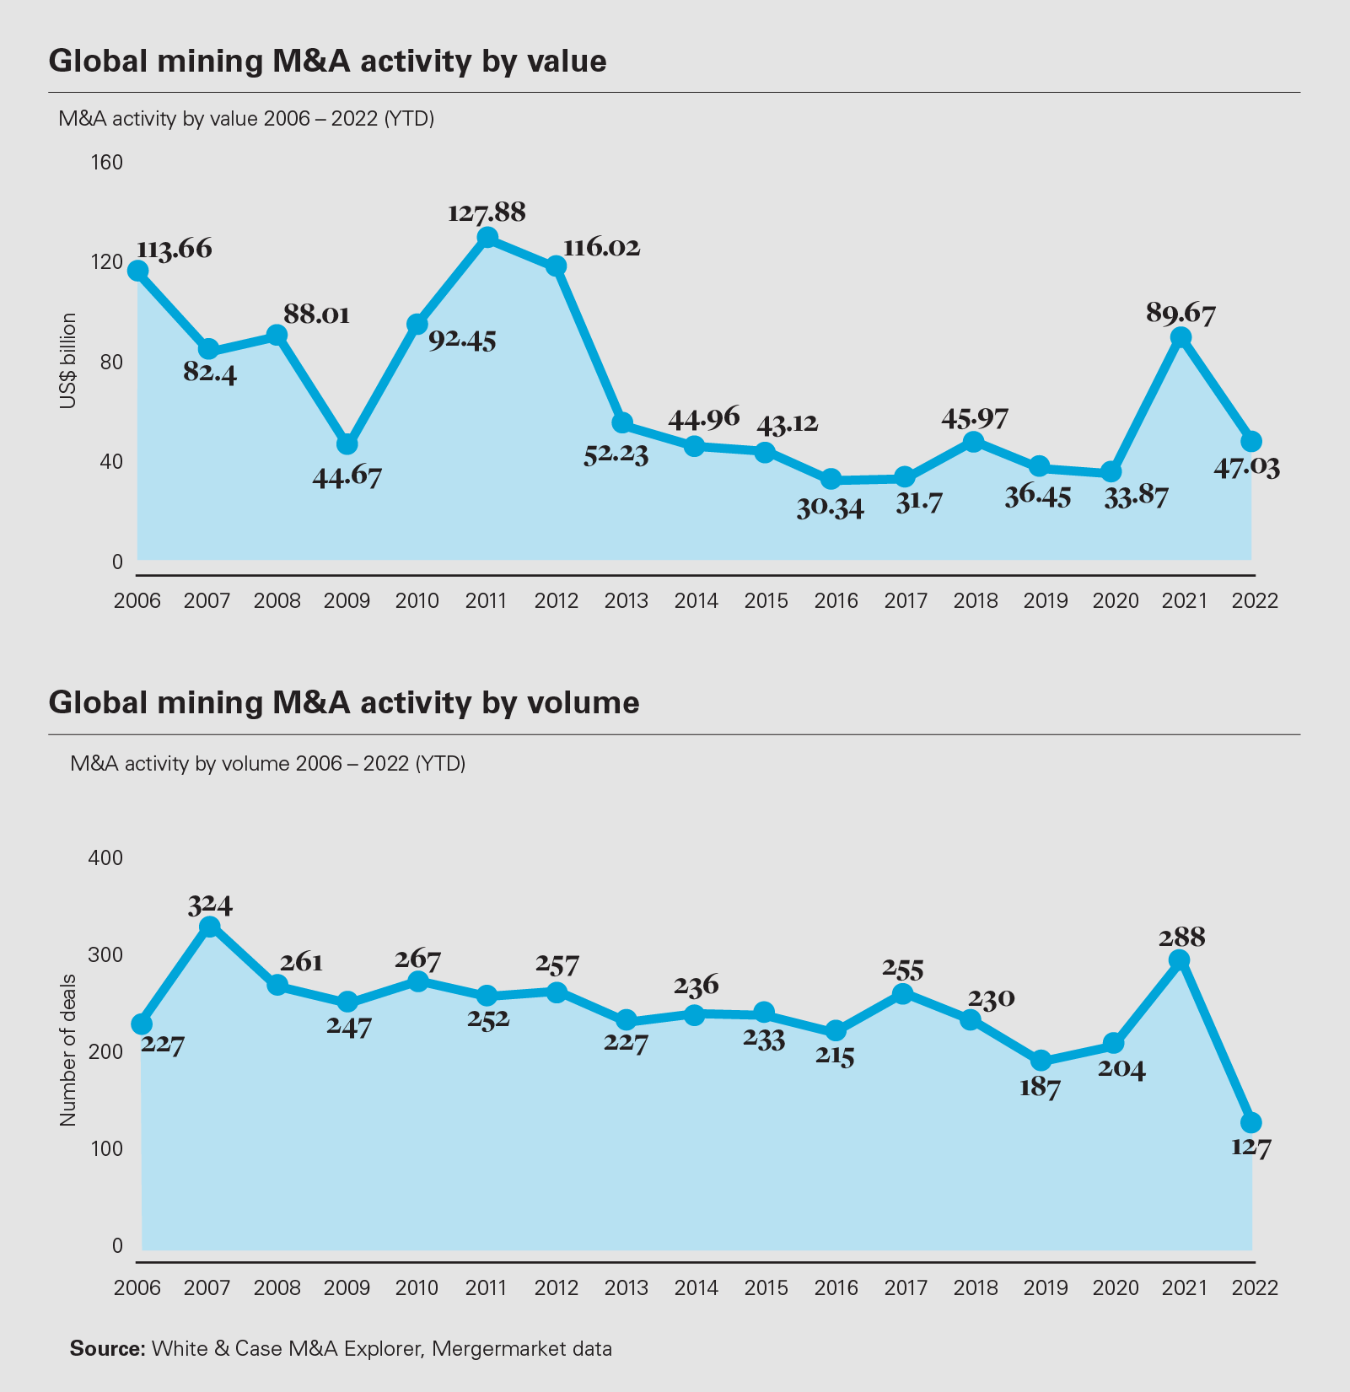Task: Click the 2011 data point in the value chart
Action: (x=487, y=238)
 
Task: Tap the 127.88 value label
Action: (x=487, y=212)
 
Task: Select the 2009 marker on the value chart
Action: (x=347, y=444)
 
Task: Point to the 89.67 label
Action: (x=1181, y=314)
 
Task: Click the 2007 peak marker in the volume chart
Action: (x=210, y=927)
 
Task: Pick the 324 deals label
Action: (x=210, y=905)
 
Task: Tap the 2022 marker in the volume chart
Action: (x=1251, y=1122)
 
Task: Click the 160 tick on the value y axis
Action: (x=106, y=162)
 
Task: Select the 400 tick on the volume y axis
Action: (x=106, y=857)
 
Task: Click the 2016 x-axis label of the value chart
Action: (x=836, y=601)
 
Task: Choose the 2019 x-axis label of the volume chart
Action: (x=1046, y=1287)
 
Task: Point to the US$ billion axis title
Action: (x=68, y=361)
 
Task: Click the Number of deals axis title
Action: (x=68, y=1050)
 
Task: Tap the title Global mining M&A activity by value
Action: (x=327, y=62)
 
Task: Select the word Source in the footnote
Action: (x=107, y=1348)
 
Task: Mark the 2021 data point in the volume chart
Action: (x=1180, y=960)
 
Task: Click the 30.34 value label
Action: (x=831, y=508)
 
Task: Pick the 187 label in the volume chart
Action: (x=1040, y=1088)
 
